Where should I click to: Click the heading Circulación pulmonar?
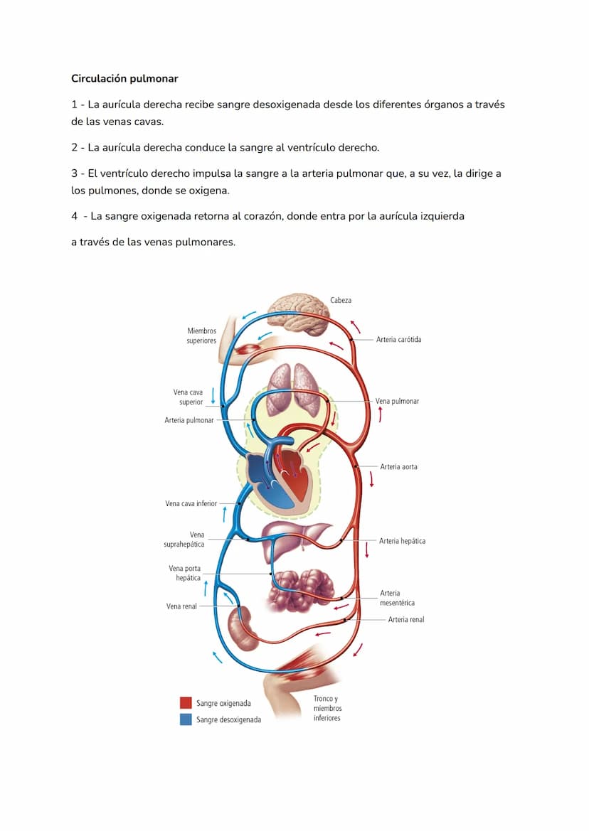pos(124,78)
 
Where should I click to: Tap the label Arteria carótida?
pos(398,340)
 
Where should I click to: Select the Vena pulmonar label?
pos(397,401)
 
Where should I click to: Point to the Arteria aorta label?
pos(398,467)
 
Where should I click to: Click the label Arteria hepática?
pos(402,541)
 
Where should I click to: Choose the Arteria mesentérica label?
pos(397,598)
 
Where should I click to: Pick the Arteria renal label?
pos(405,620)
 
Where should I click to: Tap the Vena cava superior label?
pos(188,397)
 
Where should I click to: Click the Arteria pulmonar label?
pos(189,420)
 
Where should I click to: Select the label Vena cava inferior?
pos(191,503)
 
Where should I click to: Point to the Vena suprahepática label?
pos(184,540)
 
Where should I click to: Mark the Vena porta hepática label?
pos(184,573)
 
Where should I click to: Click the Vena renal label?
pos(181,606)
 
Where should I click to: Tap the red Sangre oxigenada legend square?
pos(186,703)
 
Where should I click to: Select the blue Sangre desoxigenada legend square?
pos(186,719)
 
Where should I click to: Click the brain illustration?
pos(302,313)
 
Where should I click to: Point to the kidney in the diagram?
pos(243,628)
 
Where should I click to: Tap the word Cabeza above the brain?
pos(340,300)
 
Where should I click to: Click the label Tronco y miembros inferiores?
pos(327,708)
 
